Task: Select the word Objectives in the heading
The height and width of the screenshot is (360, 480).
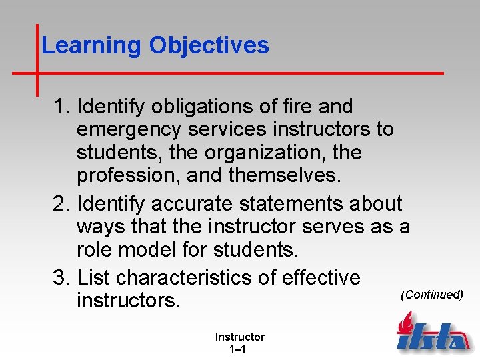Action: [209, 45]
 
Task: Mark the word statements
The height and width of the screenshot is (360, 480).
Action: [306, 204]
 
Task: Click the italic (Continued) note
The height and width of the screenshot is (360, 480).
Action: [431, 294]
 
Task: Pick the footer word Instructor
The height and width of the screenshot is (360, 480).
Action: [239, 337]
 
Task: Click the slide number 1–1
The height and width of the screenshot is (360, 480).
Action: [239, 349]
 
